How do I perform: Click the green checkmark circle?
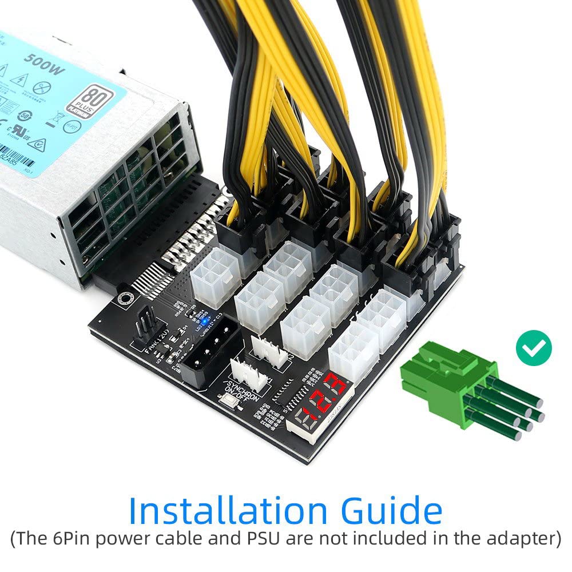[x=534, y=347]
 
